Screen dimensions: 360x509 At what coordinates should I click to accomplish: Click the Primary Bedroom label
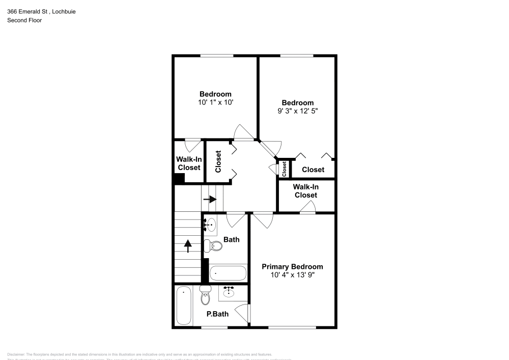[x=292, y=267]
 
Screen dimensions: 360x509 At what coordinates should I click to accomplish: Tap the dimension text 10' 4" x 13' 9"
[x=292, y=275]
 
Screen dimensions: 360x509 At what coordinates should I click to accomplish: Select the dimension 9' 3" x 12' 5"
[x=298, y=111]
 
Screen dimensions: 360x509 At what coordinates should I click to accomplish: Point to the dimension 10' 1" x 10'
[x=215, y=102]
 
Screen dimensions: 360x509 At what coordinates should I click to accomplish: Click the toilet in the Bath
[x=214, y=246]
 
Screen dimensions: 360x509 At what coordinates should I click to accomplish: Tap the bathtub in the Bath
[x=228, y=273]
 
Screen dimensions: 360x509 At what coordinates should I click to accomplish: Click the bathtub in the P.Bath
[x=184, y=304]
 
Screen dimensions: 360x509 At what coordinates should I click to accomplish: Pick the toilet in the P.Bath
[x=205, y=295]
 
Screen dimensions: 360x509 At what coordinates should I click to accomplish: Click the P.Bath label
[x=217, y=314]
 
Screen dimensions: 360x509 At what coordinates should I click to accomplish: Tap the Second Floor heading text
[x=24, y=20]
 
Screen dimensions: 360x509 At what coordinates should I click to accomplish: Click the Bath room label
[x=231, y=239]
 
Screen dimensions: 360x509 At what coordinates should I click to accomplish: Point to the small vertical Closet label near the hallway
[x=284, y=169]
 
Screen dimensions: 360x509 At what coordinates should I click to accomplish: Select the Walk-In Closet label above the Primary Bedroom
[x=305, y=191]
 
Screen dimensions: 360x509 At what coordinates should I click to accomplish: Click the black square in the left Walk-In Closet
[x=179, y=178]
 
